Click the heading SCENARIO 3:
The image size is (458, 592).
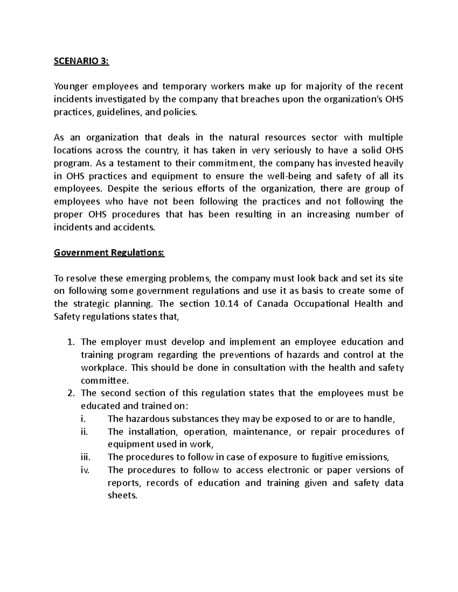81,61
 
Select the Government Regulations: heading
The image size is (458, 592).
109,253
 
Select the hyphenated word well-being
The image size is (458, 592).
289,176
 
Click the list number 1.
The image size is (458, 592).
71,342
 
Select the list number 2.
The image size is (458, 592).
71,393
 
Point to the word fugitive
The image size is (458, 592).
328,457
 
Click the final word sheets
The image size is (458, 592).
122,496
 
